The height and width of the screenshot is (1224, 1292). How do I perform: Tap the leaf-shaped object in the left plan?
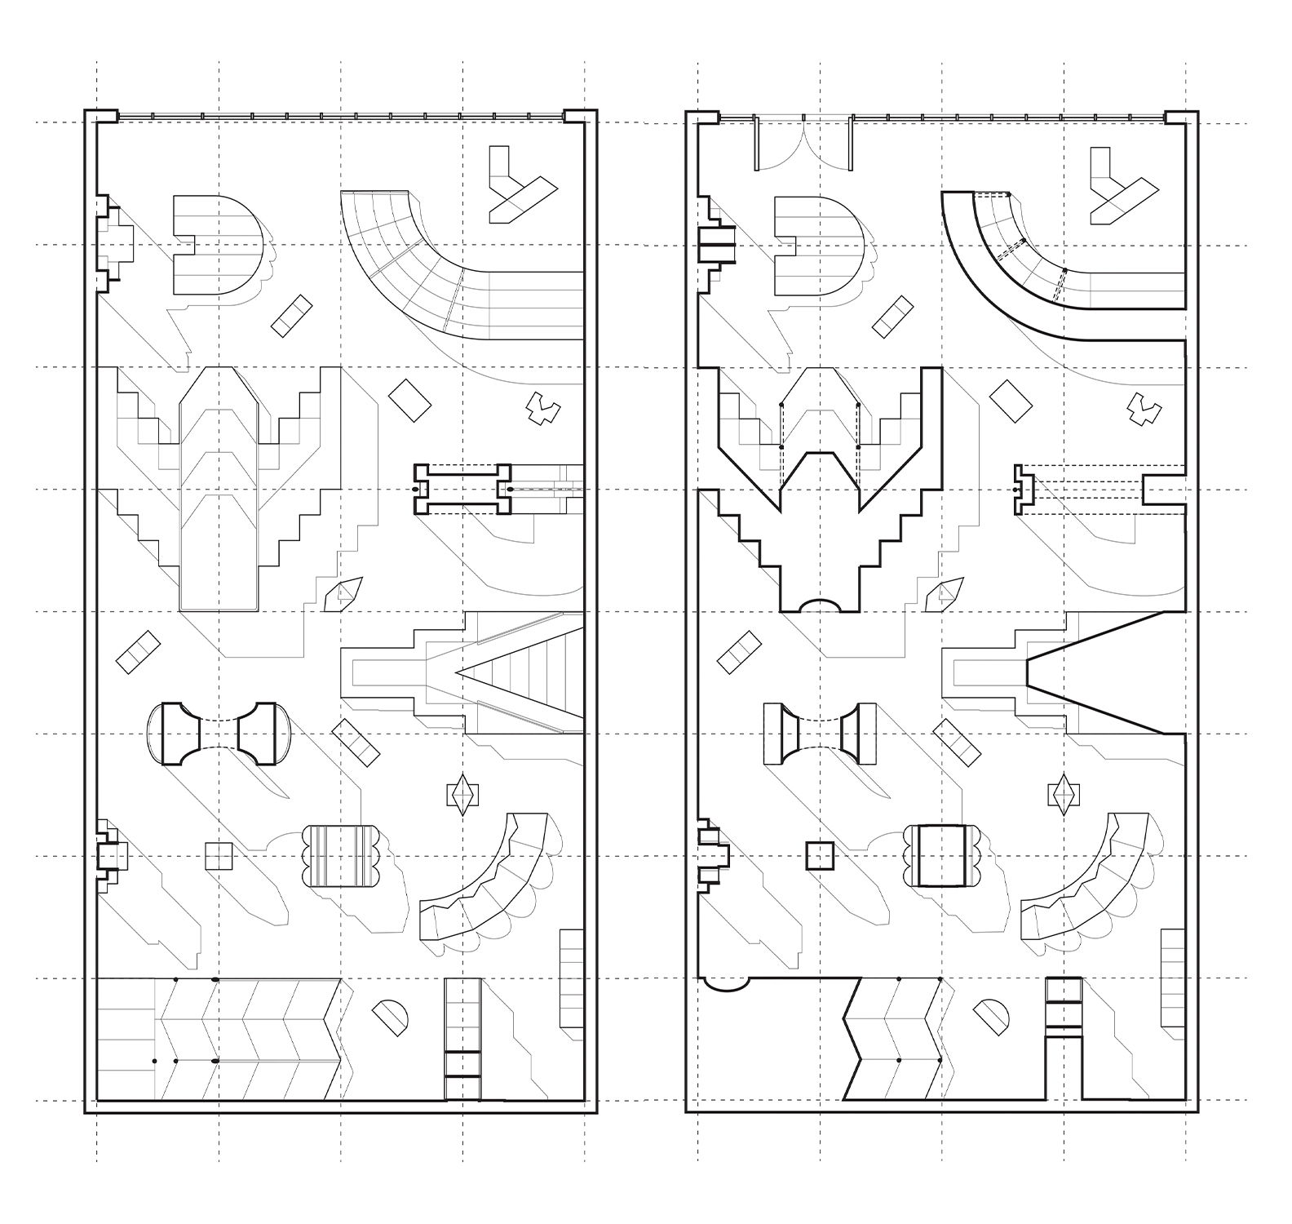[343, 594]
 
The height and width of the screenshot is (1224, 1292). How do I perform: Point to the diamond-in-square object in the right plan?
[1064, 793]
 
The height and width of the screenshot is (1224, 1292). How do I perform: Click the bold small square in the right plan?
[820, 856]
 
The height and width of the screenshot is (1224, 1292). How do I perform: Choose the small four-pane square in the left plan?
[219, 856]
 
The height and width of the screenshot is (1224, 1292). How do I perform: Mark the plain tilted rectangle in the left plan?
[409, 400]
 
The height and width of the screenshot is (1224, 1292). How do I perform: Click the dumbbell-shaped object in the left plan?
[219, 733]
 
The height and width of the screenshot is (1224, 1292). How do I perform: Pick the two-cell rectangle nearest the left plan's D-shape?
[291, 316]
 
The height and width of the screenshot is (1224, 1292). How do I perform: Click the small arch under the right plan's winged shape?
[820, 605]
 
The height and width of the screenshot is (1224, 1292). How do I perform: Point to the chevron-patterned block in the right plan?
[893, 1038]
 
